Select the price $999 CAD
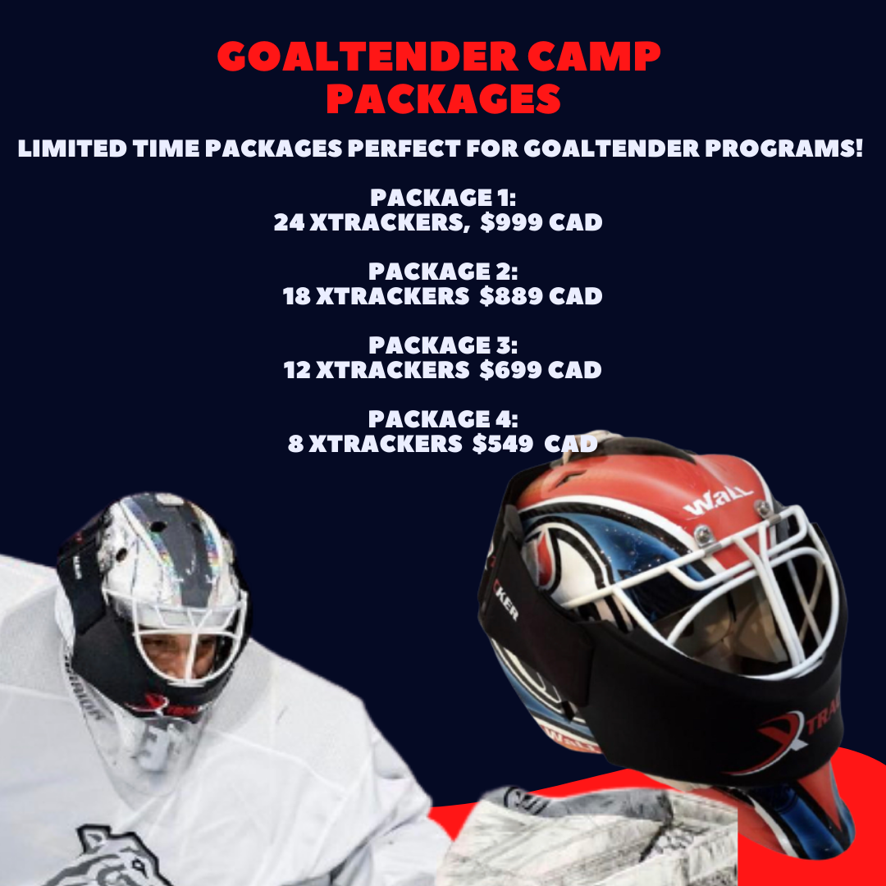[541, 223]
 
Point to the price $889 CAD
[541, 296]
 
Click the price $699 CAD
[541, 370]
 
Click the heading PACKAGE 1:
[443, 198]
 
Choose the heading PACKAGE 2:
[443, 272]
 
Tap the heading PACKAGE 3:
[443, 345]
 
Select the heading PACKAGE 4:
[443, 419]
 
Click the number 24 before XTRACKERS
[289, 223]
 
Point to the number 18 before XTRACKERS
[296, 296]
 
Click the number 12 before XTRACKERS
[296, 370]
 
